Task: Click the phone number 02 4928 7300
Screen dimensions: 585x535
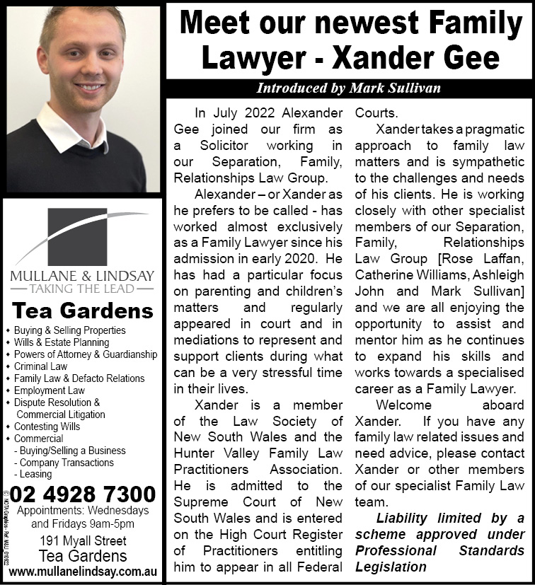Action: (x=83, y=493)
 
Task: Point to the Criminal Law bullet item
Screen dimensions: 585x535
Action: (x=40, y=366)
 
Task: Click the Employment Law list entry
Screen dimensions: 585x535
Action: (x=49, y=390)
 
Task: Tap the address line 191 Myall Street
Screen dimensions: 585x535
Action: (x=83, y=541)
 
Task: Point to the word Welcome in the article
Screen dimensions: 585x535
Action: (x=403, y=405)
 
